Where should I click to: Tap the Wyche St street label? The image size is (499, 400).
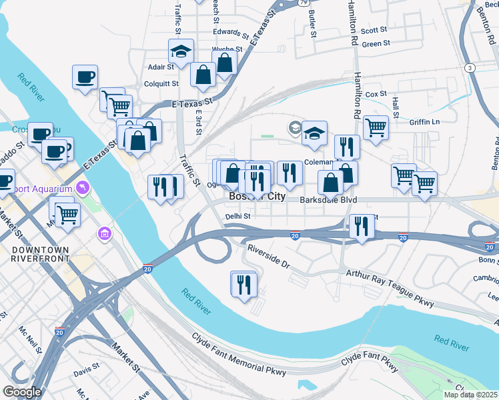pyautogui.click(x=227, y=49)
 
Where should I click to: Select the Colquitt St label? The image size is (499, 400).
pyautogui.click(x=161, y=84)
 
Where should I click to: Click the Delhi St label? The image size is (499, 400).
pyautogui.click(x=237, y=216)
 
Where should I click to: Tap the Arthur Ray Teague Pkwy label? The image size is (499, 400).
pyautogui.click(x=389, y=288)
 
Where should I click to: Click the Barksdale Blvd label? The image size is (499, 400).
pyautogui.click(x=328, y=200)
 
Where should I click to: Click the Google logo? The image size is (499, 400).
pyautogui.click(x=21, y=392)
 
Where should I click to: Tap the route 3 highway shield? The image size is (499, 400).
pyautogui.click(x=470, y=68)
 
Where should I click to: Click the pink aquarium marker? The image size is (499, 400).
pyautogui.click(x=83, y=188)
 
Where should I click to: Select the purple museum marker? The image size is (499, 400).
pyautogui.click(x=104, y=233)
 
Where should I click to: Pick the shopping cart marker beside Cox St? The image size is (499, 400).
pyautogui.click(x=376, y=126)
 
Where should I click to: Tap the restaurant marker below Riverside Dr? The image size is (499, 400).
pyautogui.click(x=243, y=285)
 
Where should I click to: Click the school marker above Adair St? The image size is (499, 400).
pyautogui.click(x=180, y=51)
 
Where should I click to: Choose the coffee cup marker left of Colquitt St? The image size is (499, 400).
pyautogui.click(x=85, y=77)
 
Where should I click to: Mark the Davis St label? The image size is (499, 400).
pyautogui.click(x=87, y=367)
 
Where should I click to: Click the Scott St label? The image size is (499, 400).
pyautogui.click(x=374, y=30)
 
